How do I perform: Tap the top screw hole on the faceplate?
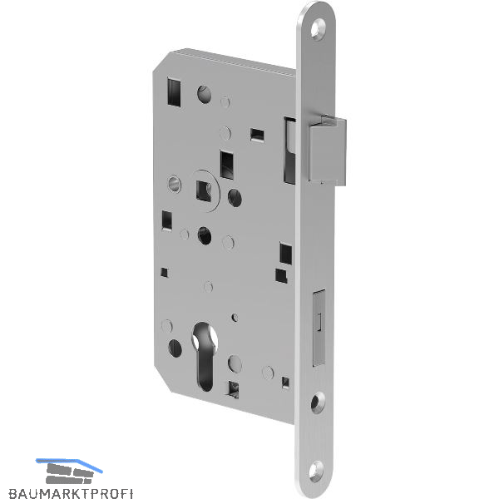click(318, 29)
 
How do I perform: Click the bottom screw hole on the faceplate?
click(316, 472)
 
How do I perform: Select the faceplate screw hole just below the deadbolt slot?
click(318, 403)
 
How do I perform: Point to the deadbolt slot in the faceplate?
click(319, 328)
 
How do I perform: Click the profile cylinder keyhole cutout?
click(205, 355)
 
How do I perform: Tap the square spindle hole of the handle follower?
click(204, 191)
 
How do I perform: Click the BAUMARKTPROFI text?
click(71, 492)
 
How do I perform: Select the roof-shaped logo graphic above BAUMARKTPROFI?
click(69, 471)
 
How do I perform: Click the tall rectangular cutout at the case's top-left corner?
click(174, 91)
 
